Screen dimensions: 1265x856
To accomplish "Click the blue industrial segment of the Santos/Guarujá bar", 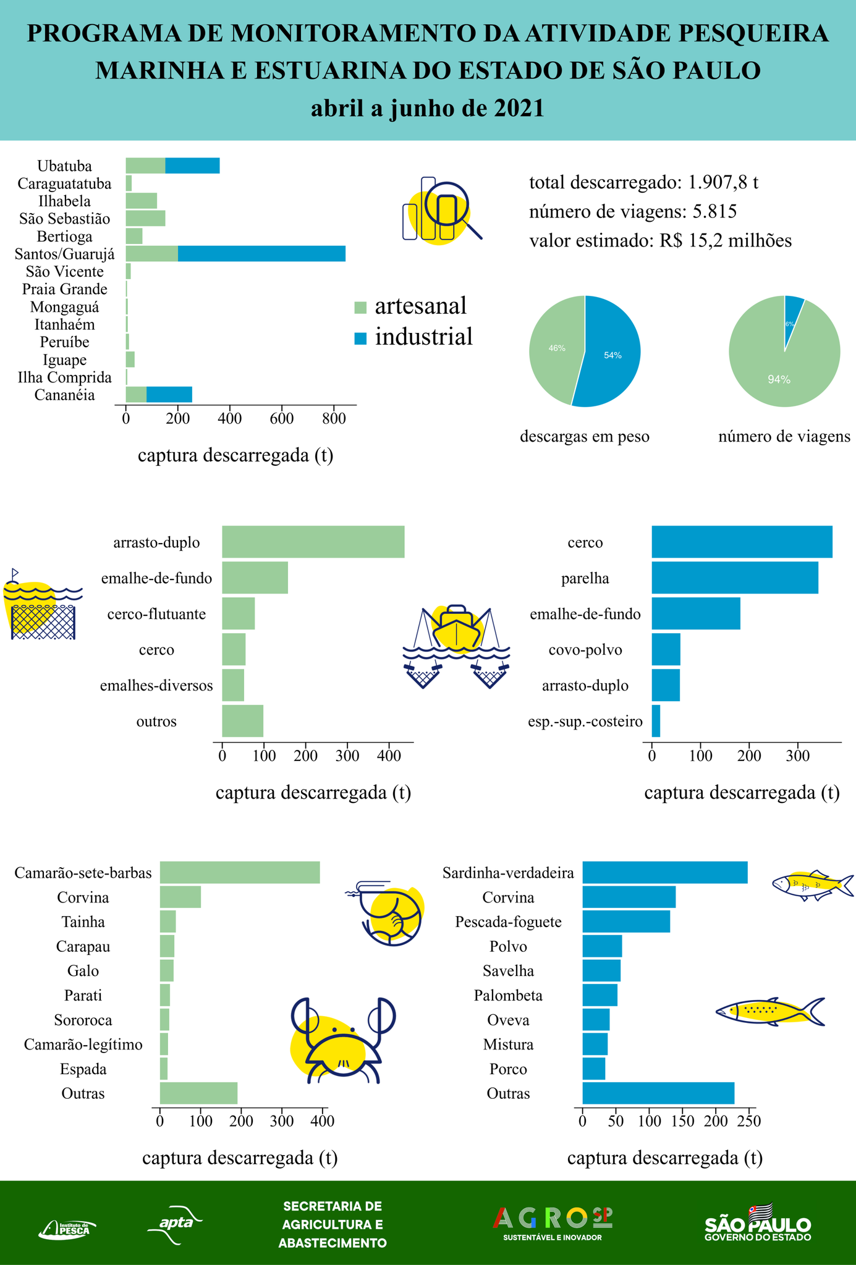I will pos(261,254).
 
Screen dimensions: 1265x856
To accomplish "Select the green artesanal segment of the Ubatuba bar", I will pos(145,166).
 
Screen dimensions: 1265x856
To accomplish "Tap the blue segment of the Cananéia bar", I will pos(169,395).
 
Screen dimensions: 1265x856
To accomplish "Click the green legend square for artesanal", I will pos(360,307).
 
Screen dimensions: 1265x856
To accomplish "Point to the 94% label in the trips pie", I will pos(779,380).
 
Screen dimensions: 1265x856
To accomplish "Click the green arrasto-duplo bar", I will pos(313,542).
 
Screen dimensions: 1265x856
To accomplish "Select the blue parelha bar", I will pos(734,578).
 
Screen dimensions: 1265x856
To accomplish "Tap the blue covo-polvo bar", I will pos(666,649).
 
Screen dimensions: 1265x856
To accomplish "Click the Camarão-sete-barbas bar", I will pos(240,873).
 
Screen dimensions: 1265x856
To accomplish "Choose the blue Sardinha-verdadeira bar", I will pos(664,873).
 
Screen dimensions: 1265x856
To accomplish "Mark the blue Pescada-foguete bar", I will pos(625,922).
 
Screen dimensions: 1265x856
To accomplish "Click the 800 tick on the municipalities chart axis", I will pos(334,418).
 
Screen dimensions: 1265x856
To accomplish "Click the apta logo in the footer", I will pos(175,1222).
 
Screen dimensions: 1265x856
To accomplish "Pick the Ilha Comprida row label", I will pos(64,377).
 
